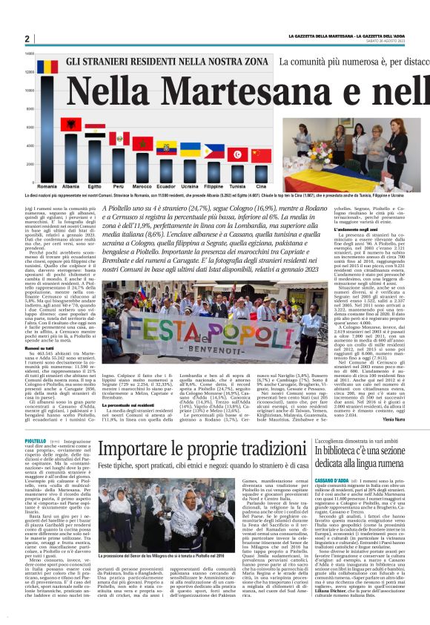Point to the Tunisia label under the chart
point(236,186)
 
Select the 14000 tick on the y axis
point(30,53)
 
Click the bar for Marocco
point(142,167)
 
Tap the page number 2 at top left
point(27,39)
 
